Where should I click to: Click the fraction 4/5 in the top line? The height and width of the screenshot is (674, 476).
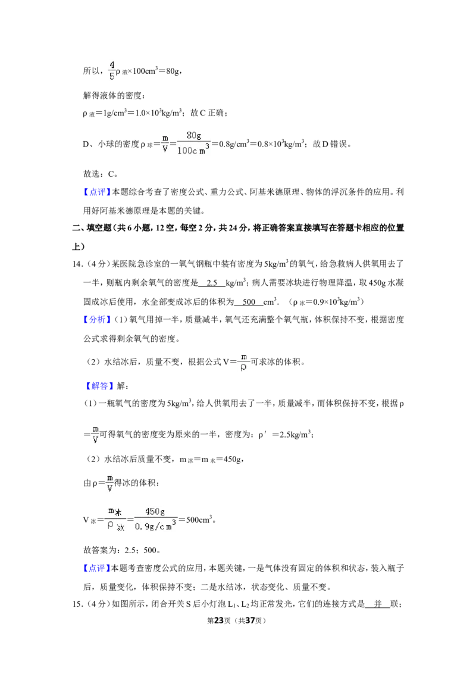click(112, 70)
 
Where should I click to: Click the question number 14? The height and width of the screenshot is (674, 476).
click(77, 264)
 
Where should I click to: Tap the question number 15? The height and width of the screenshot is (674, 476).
click(77, 604)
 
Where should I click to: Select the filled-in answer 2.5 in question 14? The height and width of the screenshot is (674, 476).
click(212, 283)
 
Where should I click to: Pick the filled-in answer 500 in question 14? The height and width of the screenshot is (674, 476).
click(249, 302)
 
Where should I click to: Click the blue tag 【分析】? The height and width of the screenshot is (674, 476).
click(97, 319)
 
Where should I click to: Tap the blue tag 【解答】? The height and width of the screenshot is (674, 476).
click(99, 386)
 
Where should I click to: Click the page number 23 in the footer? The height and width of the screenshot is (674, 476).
click(219, 620)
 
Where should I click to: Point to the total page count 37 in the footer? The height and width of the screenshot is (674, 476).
click(250, 620)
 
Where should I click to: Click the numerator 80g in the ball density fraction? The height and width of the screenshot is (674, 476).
click(194, 135)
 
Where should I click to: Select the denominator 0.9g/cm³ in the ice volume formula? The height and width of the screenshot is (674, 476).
click(155, 526)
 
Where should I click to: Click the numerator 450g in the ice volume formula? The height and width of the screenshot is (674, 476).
click(155, 511)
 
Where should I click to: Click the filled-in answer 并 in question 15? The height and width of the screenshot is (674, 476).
click(378, 604)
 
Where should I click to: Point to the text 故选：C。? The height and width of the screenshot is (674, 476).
click(101, 174)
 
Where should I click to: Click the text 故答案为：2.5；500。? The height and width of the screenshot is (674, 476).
click(122, 550)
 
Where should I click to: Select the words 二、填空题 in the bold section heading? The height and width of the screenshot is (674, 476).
click(92, 228)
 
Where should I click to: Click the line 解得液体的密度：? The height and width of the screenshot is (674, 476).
click(114, 95)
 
